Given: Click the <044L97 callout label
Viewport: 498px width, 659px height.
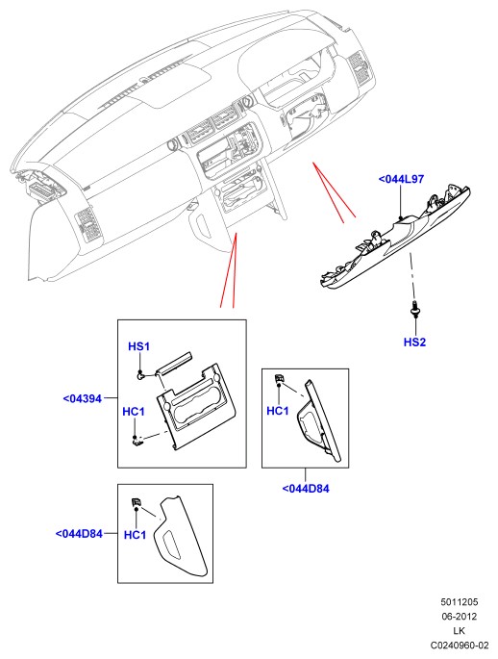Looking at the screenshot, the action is point(401,179).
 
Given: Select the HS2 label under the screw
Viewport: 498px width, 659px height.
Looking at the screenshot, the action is point(414,342).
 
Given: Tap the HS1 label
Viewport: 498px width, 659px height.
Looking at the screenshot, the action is point(138,346).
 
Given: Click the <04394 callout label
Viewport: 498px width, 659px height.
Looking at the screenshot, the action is point(83,398).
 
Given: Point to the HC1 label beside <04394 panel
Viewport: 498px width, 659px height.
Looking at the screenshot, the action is point(133,412).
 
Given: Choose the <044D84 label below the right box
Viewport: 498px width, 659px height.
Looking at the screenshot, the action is point(306,489).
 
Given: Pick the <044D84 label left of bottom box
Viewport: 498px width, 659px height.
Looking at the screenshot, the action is point(79,534).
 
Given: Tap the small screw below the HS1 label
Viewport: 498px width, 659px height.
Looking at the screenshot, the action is point(141,375).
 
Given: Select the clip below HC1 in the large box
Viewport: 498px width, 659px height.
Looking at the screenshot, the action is point(137,441).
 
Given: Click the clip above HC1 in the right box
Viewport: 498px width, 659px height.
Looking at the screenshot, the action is point(279,379).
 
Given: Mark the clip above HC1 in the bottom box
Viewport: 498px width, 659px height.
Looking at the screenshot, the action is point(137,502).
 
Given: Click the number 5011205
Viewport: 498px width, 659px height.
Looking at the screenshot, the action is point(459,602).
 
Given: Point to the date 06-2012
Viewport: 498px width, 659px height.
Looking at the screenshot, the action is point(459,617).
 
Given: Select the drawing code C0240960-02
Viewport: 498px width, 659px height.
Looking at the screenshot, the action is point(460,646).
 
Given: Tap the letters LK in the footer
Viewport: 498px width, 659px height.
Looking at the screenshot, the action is point(459,631).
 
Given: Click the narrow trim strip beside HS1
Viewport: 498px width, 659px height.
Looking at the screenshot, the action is point(173,362).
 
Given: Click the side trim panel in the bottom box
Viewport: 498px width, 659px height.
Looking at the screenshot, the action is point(180,536).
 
